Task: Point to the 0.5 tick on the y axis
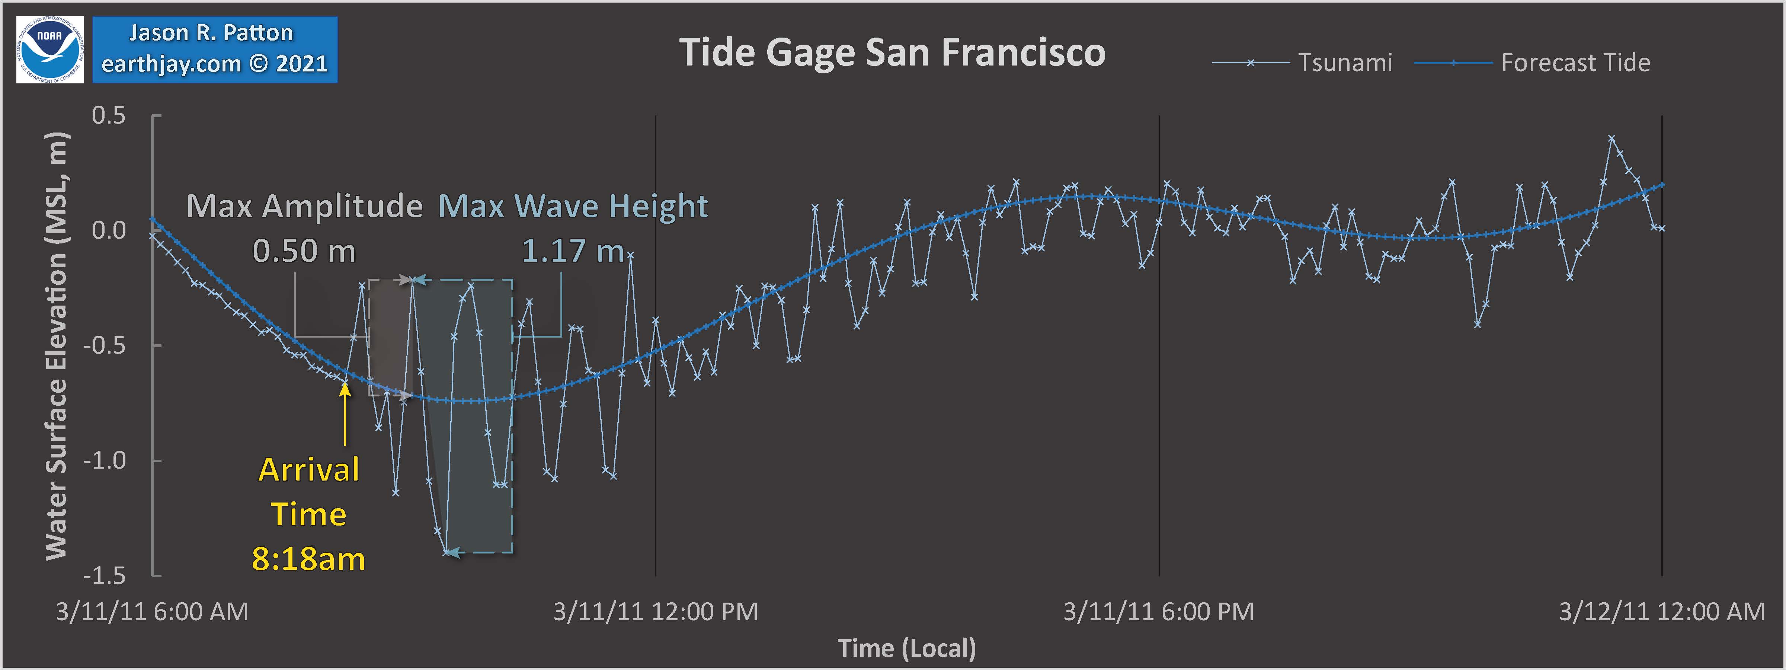(x=109, y=115)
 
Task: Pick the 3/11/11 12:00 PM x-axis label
(x=655, y=612)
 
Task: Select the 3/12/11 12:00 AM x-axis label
(x=1661, y=612)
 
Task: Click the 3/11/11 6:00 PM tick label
(x=1159, y=612)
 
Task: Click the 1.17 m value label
(x=573, y=251)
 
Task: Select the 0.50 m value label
(x=304, y=251)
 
